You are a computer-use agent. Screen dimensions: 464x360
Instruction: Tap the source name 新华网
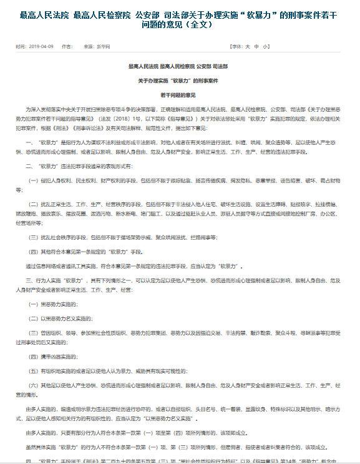click(95, 47)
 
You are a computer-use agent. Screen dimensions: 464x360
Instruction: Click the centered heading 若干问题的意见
click(180, 94)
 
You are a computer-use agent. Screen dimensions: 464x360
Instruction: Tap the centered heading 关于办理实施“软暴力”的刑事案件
click(180, 81)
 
